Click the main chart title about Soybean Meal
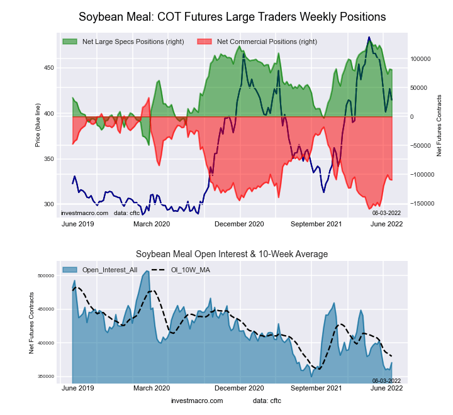tap(232, 16)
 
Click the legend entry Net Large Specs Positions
tap(133, 41)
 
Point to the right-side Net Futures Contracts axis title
tap(439, 126)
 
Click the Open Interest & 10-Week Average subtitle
tap(232, 254)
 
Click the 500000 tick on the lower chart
tap(45, 276)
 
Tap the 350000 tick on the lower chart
tap(45, 377)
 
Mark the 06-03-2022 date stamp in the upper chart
tap(386, 213)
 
